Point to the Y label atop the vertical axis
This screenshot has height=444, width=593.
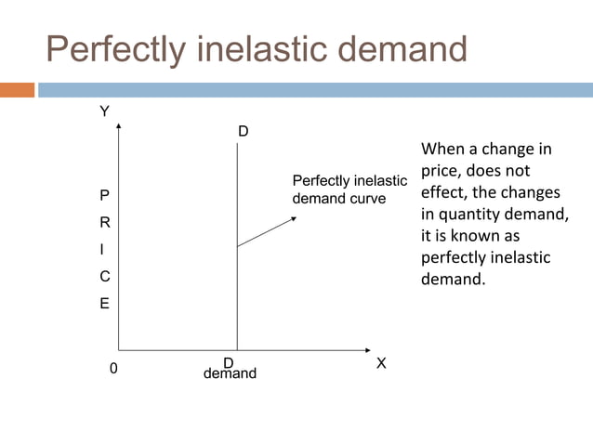[104, 111]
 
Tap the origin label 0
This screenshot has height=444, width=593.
[113, 369]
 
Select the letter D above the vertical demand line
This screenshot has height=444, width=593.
[243, 132]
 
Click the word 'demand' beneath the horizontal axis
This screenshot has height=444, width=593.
[230, 374]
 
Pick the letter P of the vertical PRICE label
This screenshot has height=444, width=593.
[104, 196]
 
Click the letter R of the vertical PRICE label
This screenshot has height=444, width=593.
[104, 223]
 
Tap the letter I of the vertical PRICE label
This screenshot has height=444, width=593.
[104, 250]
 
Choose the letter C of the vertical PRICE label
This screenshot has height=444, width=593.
[104, 277]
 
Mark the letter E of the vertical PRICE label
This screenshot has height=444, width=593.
[104, 304]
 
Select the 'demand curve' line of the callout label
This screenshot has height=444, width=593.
[338, 199]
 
